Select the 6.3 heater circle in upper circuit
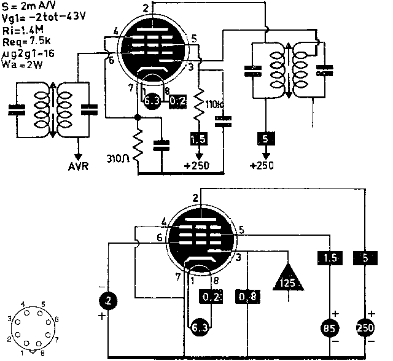tap(151, 100)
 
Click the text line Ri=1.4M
tap(21, 28)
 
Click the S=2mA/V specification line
tap(26, 6)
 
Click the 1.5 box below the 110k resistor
tap(198, 139)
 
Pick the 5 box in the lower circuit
tap(365, 258)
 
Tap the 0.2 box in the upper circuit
tap(179, 100)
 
